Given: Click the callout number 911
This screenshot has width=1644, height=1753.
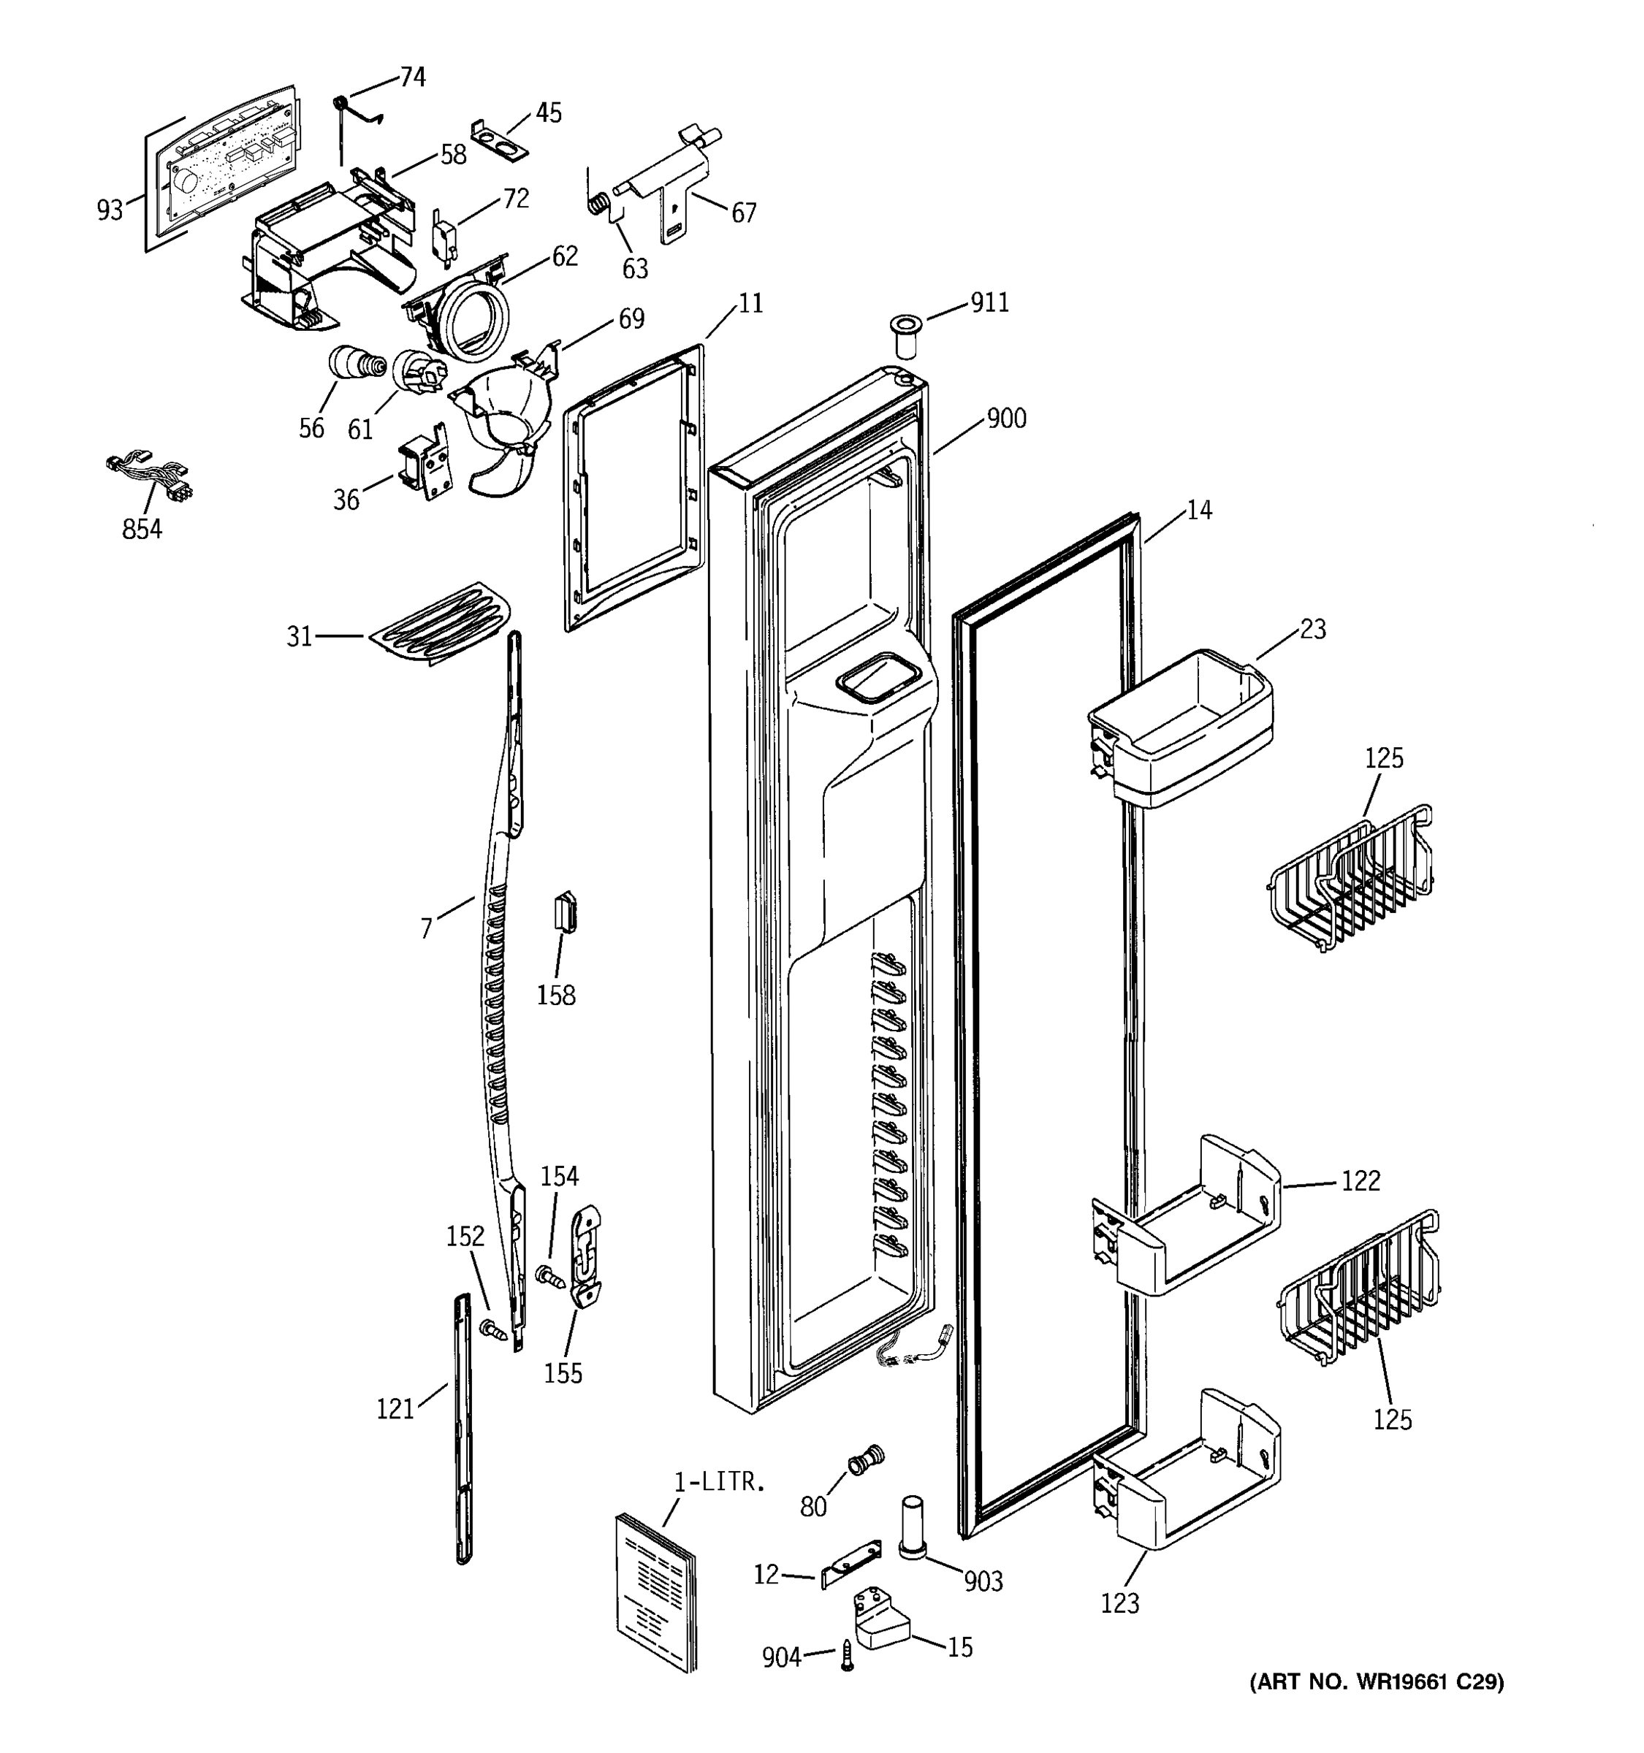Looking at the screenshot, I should tap(989, 302).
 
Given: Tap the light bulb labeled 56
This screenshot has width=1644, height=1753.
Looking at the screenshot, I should tap(354, 363).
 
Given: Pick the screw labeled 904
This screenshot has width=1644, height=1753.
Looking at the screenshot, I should tap(848, 1656).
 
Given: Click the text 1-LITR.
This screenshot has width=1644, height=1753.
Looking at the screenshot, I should tap(719, 1482).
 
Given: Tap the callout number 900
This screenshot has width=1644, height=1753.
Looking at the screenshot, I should tap(1006, 418).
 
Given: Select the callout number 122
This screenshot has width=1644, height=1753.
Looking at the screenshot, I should tap(1360, 1180).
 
